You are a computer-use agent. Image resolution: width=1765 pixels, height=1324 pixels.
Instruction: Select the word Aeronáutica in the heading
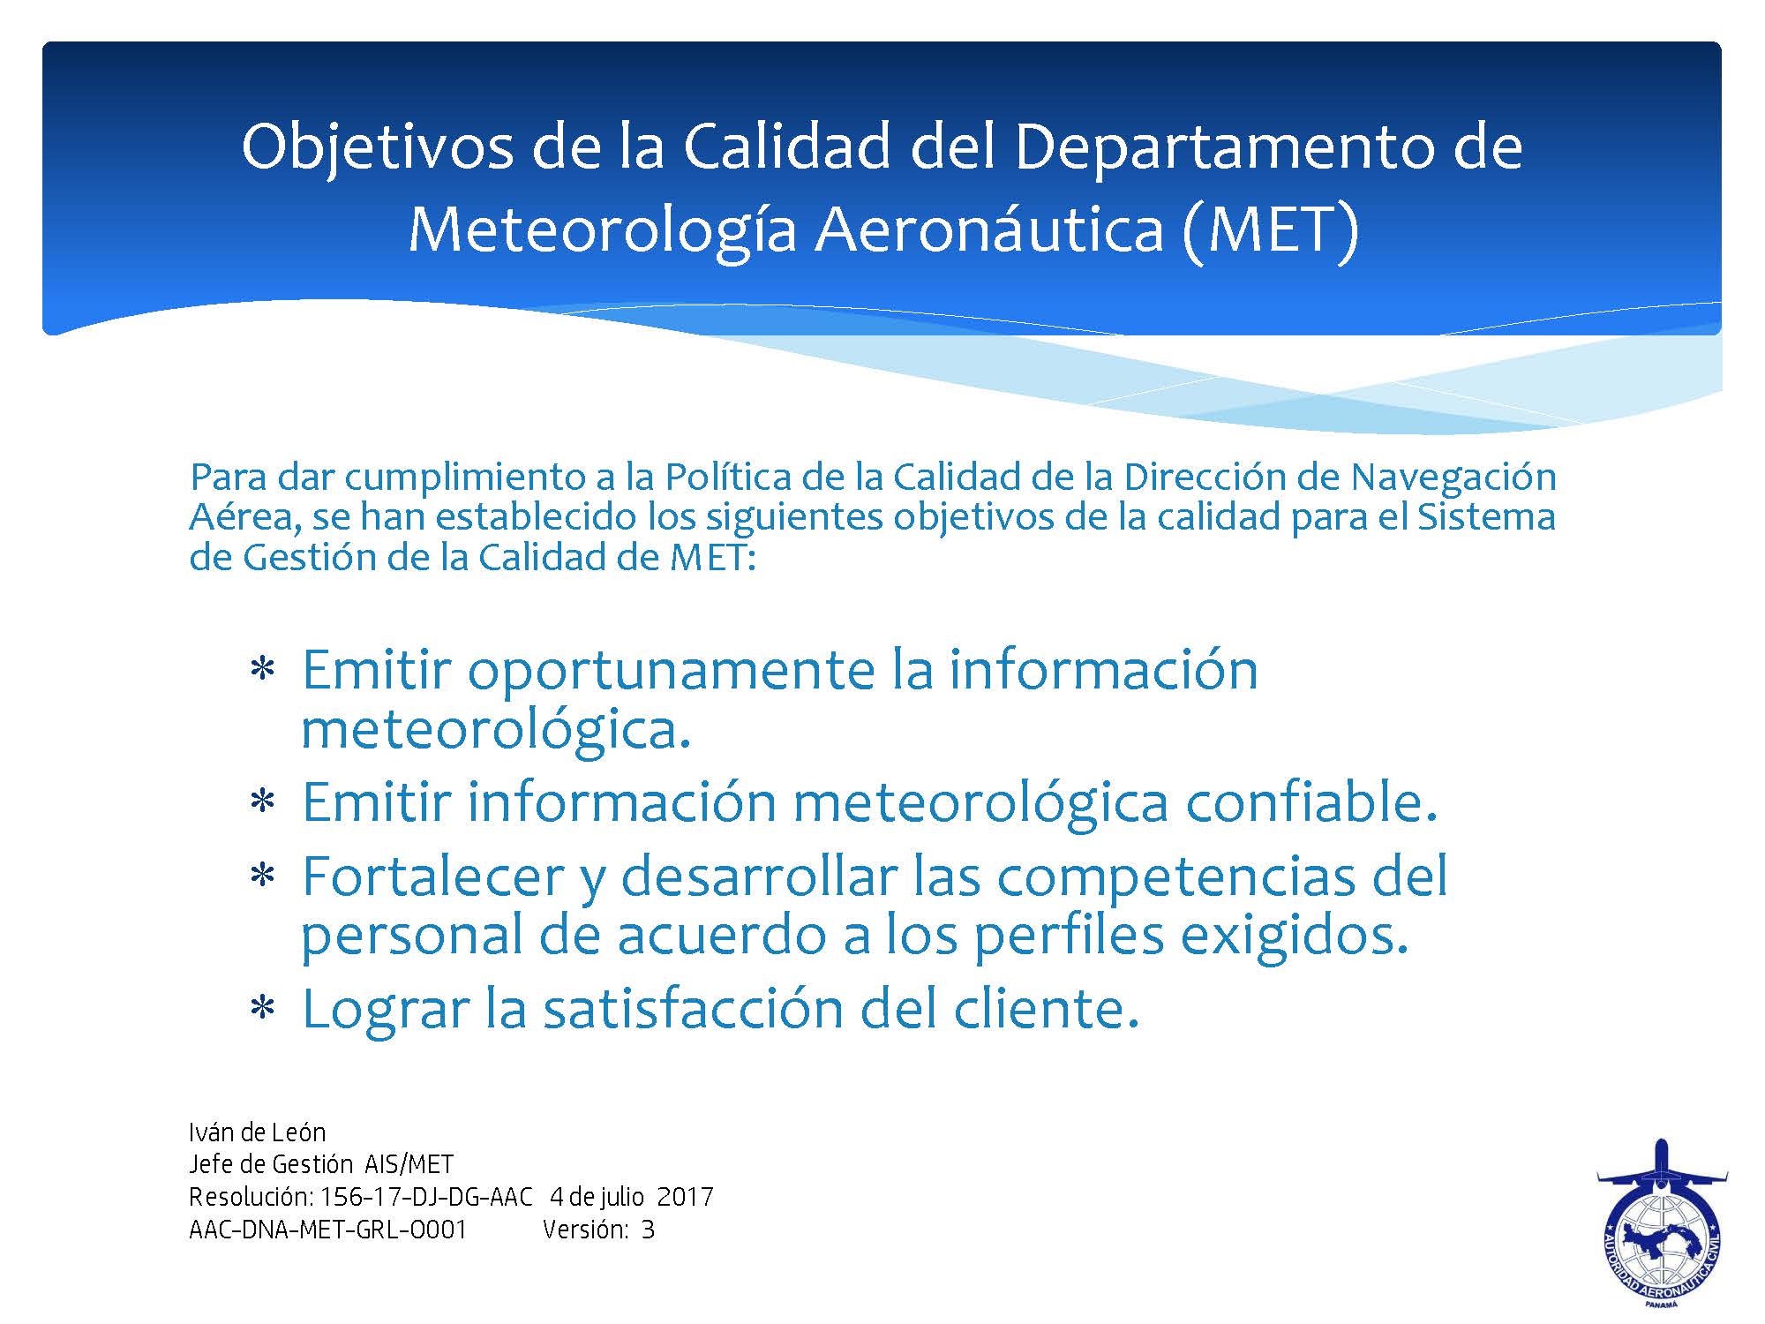click(988, 228)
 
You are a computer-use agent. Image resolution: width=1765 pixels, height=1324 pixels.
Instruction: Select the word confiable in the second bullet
click(1311, 801)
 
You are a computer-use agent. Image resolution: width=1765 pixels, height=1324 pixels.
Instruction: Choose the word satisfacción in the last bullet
click(693, 1009)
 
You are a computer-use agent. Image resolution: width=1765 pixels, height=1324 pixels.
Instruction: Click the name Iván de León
click(258, 1132)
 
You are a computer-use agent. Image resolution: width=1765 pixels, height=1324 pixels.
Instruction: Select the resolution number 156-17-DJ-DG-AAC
click(427, 1197)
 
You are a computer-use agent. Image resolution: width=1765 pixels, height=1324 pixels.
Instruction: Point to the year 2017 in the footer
click(686, 1197)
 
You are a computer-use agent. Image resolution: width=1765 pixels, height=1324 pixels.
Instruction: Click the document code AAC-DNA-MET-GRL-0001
click(327, 1230)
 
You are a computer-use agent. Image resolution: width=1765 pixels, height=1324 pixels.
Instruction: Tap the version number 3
click(649, 1230)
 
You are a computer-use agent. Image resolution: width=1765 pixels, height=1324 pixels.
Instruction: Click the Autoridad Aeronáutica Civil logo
click(1662, 1223)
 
